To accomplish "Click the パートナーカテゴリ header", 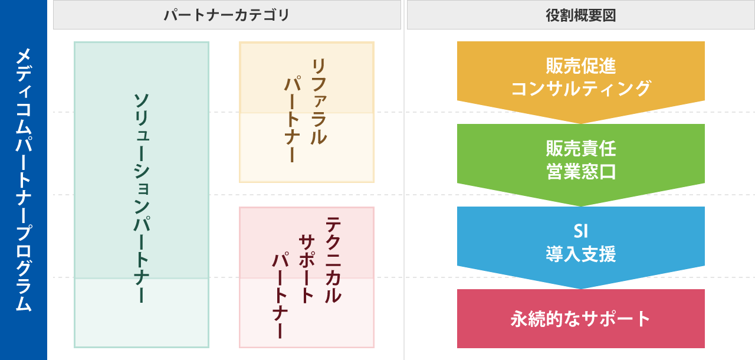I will (226, 15).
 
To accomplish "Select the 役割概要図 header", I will (580, 15).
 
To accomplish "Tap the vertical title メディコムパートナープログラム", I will (23, 180).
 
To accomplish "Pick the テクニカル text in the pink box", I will (333, 260).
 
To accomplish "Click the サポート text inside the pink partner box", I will (307, 269).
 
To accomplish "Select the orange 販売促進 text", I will (580, 66).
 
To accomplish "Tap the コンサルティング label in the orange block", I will (580, 89).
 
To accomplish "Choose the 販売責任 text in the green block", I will (580, 148).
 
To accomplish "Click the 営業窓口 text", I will (580, 172).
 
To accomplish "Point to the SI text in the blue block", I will (580, 230).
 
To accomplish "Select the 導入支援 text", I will (580, 254).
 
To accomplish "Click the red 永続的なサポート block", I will (580, 319).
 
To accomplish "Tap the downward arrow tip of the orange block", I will (581, 121).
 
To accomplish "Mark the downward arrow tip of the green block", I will (581, 204).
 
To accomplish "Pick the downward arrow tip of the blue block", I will (581, 286).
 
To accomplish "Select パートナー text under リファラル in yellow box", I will (292, 118).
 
